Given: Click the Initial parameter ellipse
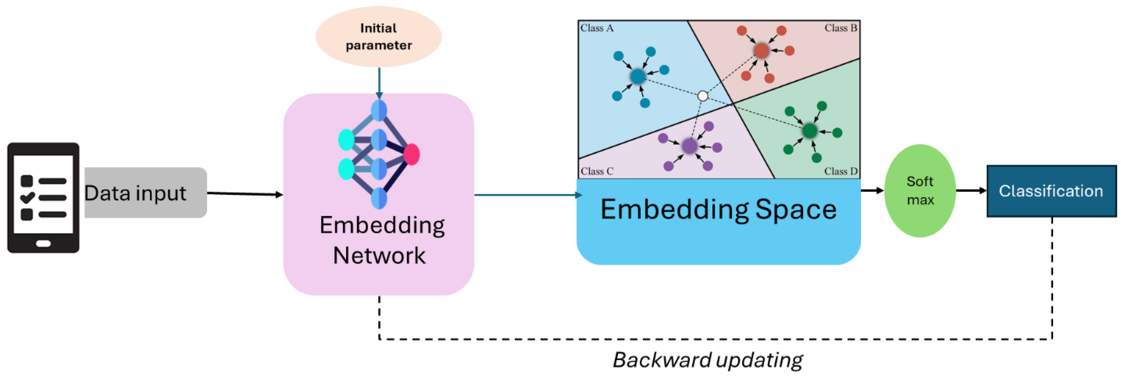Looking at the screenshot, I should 378,37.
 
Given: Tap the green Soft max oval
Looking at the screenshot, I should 920,191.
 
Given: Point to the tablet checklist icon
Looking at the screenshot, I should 43,197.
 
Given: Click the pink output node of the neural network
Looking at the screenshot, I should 411,154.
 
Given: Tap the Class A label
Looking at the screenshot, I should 597,28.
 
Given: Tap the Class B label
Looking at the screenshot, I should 840,28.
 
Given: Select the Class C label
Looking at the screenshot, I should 597,171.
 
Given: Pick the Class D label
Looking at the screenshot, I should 840,171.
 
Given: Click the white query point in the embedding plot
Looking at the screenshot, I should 702,96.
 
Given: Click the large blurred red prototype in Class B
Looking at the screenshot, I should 761,50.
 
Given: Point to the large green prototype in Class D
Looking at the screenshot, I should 809,130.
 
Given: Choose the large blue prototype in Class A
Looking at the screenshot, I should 637,77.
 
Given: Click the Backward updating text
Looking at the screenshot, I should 708,360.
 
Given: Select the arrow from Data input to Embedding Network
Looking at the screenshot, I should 245,194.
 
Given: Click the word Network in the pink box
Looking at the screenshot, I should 379,255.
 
